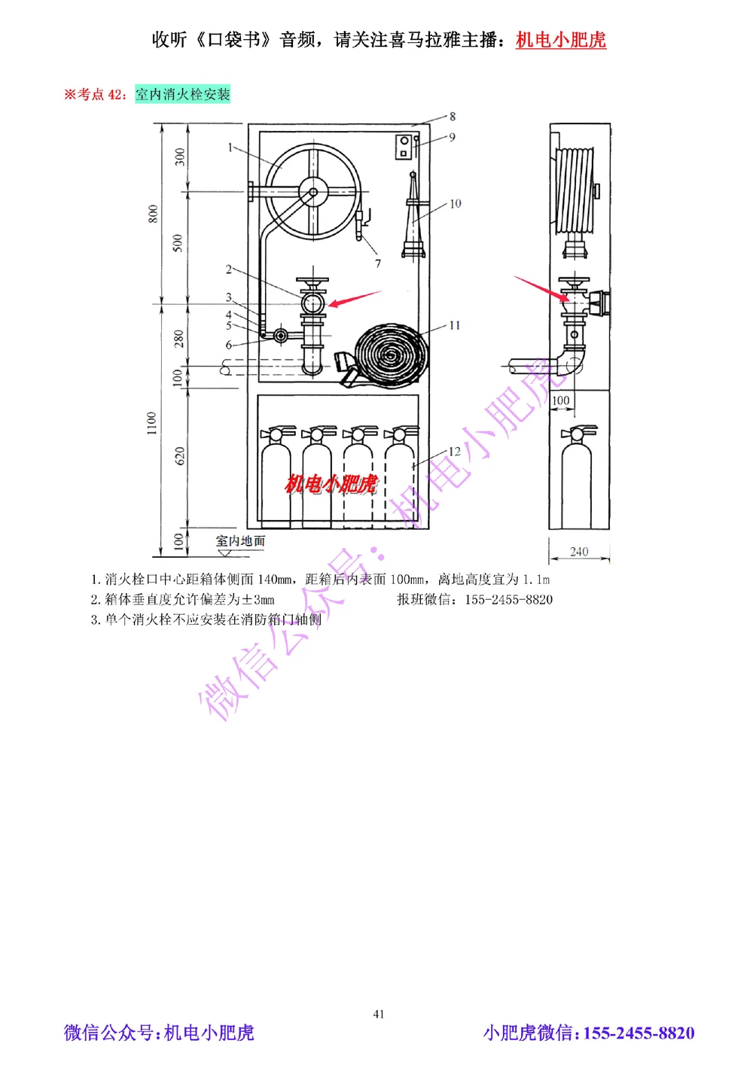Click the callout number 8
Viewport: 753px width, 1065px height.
453,116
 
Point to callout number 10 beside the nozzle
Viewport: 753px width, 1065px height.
456,204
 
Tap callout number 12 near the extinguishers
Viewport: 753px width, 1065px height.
454,452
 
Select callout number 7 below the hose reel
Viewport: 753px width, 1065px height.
378,263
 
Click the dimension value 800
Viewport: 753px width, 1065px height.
153,214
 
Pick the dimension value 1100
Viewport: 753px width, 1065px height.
152,423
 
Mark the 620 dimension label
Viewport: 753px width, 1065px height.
179,455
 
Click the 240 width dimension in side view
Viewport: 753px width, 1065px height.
579,552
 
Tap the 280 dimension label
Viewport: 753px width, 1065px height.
179,338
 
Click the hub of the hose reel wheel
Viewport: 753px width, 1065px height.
313,192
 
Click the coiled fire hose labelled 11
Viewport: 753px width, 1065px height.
390,354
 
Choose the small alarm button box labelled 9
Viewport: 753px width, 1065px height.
404,146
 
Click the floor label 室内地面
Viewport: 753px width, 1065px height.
240,540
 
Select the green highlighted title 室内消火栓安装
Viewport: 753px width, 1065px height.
183,94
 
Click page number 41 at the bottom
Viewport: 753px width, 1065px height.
379,1014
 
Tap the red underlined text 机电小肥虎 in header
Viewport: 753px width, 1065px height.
561,40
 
